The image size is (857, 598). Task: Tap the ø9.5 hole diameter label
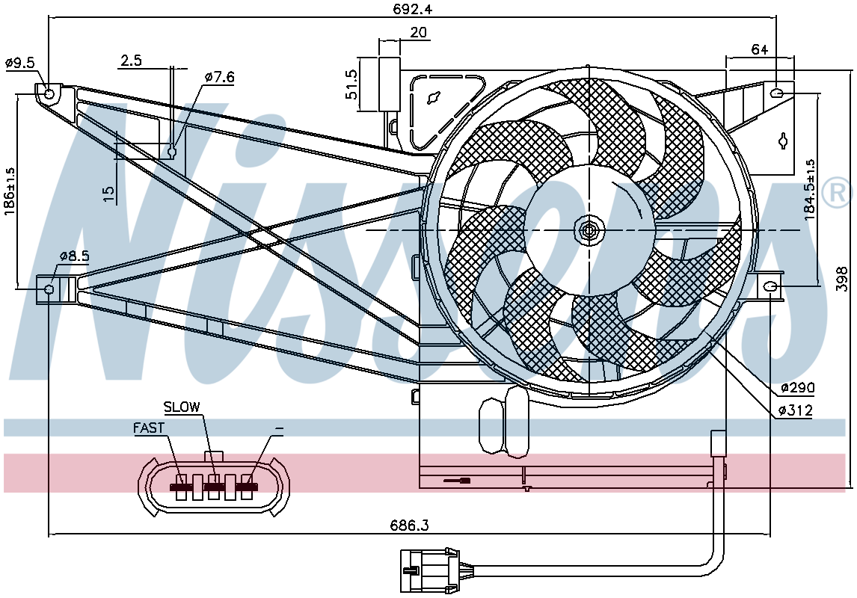tap(20, 63)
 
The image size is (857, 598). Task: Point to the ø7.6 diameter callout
tap(220, 77)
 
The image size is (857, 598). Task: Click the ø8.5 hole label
tap(74, 256)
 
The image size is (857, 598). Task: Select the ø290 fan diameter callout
tap(797, 388)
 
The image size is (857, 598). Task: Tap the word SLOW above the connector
tap(182, 407)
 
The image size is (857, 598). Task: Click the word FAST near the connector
tap(149, 428)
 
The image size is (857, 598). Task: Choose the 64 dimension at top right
tap(759, 50)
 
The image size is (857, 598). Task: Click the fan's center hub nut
tap(589, 230)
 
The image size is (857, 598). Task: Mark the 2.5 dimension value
tap(131, 61)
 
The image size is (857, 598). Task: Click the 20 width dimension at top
tap(418, 32)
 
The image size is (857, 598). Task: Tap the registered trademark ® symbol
tap(836, 194)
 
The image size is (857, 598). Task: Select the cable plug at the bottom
tap(429, 570)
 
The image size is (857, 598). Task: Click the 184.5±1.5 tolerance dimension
tap(810, 191)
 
